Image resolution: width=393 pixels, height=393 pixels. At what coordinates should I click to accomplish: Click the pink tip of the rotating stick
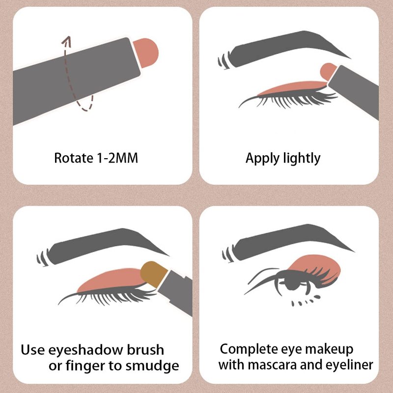(146, 53)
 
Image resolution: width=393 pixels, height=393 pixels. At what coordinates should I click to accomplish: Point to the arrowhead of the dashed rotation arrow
(67, 41)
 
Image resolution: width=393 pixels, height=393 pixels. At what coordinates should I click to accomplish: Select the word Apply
(263, 159)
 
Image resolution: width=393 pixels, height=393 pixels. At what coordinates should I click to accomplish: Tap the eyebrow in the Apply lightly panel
(284, 50)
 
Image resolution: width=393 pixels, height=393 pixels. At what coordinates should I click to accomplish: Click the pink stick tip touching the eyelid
(328, 71)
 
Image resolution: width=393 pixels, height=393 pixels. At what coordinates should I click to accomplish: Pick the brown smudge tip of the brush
(153, 274)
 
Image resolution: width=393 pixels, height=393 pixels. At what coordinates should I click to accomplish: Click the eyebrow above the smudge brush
(103, 247)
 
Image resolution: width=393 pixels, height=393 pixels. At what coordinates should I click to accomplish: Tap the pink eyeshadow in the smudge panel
(110, 280)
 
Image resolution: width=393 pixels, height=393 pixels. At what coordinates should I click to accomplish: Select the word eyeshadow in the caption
(85, 350)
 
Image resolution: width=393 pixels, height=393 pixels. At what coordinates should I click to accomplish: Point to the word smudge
(152, 365)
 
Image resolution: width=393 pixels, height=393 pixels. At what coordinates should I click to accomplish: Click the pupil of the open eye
(292, 283)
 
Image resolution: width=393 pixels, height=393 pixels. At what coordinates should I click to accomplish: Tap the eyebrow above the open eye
(288, 243)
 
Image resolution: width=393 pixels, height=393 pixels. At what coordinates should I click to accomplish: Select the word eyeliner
(349, 365)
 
